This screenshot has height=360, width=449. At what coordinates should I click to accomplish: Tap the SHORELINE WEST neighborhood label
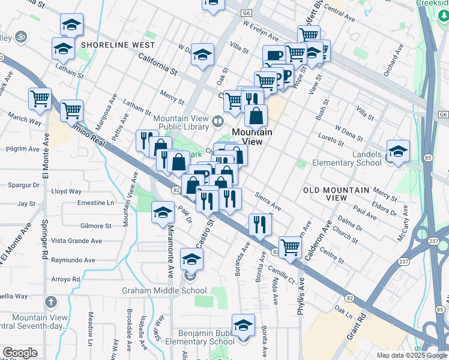[118, 45]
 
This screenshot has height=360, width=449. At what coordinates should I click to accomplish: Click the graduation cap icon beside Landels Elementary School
[397, 152]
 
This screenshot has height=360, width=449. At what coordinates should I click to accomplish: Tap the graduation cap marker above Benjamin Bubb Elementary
[243, 326]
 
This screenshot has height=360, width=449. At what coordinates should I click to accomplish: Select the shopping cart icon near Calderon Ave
[290, 246]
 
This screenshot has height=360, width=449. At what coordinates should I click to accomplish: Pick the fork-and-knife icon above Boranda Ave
[259, 224]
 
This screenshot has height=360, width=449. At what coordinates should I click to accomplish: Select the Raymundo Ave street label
[73, 260]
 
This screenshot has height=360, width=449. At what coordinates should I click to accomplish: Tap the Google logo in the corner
[20, 353]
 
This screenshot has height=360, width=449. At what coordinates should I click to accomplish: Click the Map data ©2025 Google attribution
[411, 355]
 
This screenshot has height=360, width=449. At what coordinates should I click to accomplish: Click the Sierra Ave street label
[268, 202]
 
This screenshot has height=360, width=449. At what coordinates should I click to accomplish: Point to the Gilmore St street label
[96, 226]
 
